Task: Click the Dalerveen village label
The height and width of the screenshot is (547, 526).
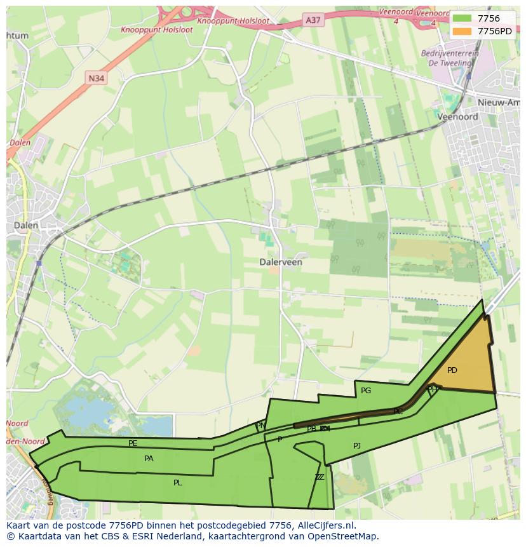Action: click(x=281, y=262)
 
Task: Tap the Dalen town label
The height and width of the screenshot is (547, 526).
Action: click(x=25, y=225)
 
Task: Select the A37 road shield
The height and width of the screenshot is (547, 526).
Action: click(x=313, y=20)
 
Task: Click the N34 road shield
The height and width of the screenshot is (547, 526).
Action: click(x=97, y=78)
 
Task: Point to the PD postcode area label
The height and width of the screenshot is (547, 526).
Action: click(x=452, y=370)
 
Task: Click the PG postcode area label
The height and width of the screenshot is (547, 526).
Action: click(x=366, y=391)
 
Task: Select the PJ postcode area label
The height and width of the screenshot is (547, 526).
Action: click(x=357, y=446)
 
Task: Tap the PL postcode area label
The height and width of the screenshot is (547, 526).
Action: click(x=178, y=483)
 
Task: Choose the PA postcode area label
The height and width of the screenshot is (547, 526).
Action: click(x=149, y=458)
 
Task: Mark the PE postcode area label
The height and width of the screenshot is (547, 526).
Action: click(x=133, y=443)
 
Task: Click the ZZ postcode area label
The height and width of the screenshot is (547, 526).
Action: click(x=320, y=477)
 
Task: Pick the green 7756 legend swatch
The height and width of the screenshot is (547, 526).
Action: click(x=462, y=18)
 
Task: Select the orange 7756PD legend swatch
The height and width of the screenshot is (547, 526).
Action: click(x=462, y=31)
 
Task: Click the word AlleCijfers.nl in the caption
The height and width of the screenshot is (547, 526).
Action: click(x=323, y=525)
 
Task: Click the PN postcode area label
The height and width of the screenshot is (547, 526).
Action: click(x=260, y=426)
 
